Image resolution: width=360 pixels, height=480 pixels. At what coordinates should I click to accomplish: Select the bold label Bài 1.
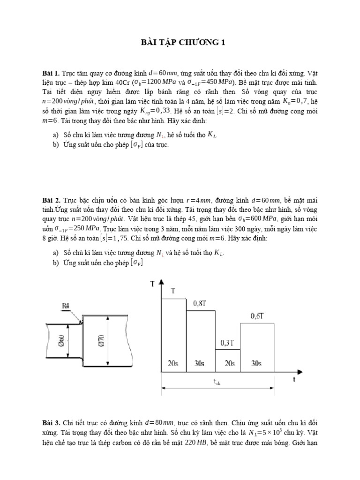click(51, 74)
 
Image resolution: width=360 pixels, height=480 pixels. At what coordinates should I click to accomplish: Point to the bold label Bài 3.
click(51, 423)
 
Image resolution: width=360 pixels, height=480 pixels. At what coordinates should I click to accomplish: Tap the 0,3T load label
click(227, 343)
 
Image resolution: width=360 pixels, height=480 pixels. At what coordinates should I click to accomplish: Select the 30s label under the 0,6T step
click(257, 363)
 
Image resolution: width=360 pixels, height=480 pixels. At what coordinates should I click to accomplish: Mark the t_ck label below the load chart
click(217, 382)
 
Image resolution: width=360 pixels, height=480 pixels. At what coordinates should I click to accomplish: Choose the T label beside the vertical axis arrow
click(152, 284)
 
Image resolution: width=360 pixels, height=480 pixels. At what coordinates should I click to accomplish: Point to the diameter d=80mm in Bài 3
click(162, 423)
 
